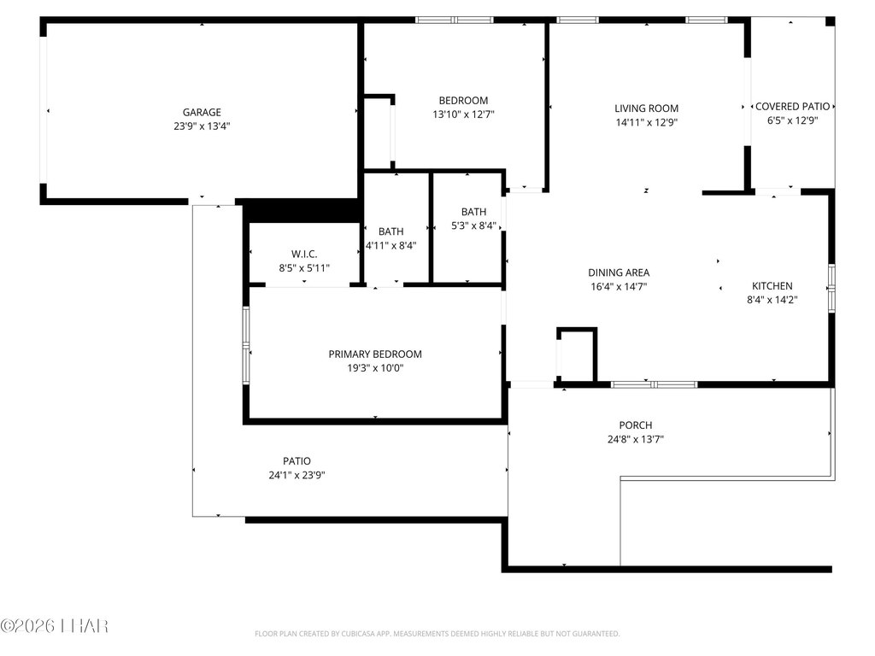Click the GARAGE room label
coord(202,112)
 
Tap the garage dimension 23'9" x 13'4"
coord(202,126)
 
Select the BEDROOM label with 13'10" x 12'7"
coord(463,101)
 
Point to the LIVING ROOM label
coord(646,108)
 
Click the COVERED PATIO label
coord(792,106)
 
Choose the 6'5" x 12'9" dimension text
coord(792,120)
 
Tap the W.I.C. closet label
coord(304,254)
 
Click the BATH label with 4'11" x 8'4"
coord(391,231)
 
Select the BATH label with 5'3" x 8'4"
coord(473,212)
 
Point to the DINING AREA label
coord(619,272)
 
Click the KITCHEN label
coord(772,285)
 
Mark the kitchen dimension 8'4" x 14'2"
coord(772,300)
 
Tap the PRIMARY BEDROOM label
coord(375,354)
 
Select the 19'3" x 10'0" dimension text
coord(375,367)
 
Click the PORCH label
coord(636,425)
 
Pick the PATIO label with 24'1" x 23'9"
coord(297,460)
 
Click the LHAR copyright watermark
coord(54,626)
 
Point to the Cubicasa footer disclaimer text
coord(437,634)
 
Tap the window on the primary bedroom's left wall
coord(246,345)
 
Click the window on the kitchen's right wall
coord(831,287)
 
